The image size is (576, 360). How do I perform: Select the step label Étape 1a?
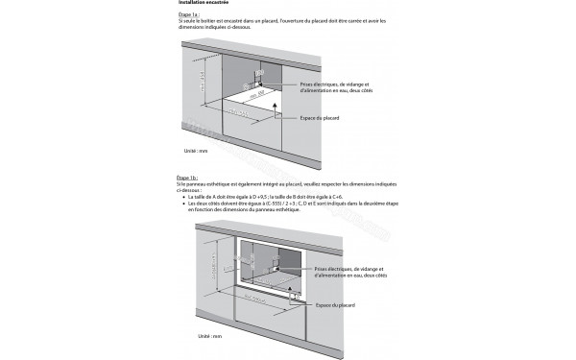click(189, 14)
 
